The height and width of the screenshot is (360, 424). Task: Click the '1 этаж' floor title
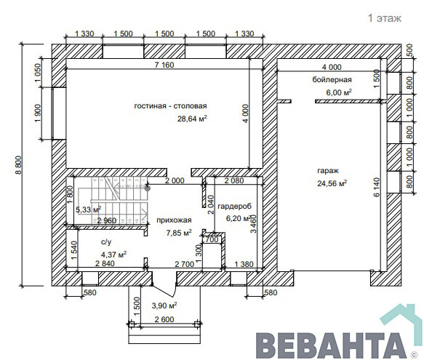(384, 18)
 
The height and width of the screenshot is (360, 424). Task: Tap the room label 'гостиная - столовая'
(170, 105)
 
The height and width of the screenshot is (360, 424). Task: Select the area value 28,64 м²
(192, 119)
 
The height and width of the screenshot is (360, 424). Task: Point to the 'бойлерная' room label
(332, 79)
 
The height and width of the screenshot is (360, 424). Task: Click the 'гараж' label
(328, 171)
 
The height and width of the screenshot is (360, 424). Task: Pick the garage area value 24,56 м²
(332, 183)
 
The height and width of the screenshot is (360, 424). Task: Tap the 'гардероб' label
(234, 206)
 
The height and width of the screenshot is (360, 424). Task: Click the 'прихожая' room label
(174, 220)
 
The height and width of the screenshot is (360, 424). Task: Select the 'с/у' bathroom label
(106, 241)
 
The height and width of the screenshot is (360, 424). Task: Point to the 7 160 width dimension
(164, 65)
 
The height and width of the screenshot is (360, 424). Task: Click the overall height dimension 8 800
(19, 164)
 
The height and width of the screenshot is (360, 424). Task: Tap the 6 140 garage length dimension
(377, 187)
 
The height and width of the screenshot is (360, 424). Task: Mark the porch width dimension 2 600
(164, 319)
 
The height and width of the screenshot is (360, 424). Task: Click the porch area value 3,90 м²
(164, 305)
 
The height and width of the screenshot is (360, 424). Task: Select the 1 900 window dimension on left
(38, 113)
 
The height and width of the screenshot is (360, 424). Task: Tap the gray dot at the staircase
(148, 188)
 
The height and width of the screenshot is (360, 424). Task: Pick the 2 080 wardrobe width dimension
(234, 180)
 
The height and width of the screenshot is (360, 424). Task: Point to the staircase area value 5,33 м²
(89, 209)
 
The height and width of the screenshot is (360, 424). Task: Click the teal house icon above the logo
(401, 318)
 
